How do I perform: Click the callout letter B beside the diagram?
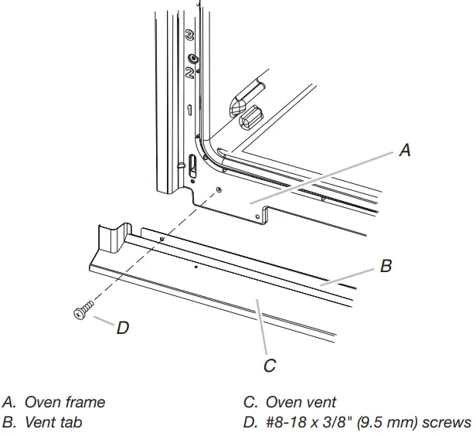click(386, 267)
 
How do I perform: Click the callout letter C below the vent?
click(270, 366)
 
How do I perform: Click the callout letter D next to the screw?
click(122, 328)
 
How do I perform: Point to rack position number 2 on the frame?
click(189, 73)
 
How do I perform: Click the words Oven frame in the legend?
click(65, 402)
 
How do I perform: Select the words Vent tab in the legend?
click(56, 422)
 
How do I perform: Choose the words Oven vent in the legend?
click(301, 402)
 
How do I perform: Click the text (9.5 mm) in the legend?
click(393, 422)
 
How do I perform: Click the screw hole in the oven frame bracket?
click(219, 189)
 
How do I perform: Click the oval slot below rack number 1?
click(192, 164)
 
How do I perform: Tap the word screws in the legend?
click(447, 422)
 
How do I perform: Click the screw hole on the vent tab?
click(161, 240)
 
